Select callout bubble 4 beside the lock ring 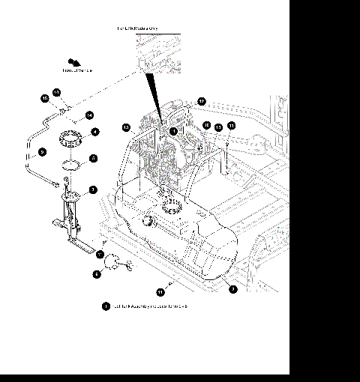(x=94, y=133)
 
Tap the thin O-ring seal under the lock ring (x=71, y=163)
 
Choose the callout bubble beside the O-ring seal (x=93, y=159)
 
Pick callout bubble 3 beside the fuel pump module (x=93, y=190)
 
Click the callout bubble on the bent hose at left (x=42, y=152)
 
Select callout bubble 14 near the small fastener (x=89, y=115)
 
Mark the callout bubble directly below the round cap (x=97, y=275)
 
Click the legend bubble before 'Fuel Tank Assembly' (x=106, y=306)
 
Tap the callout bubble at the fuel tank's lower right (x=233, y=288)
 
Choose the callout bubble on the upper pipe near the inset (x=201, y=101)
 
